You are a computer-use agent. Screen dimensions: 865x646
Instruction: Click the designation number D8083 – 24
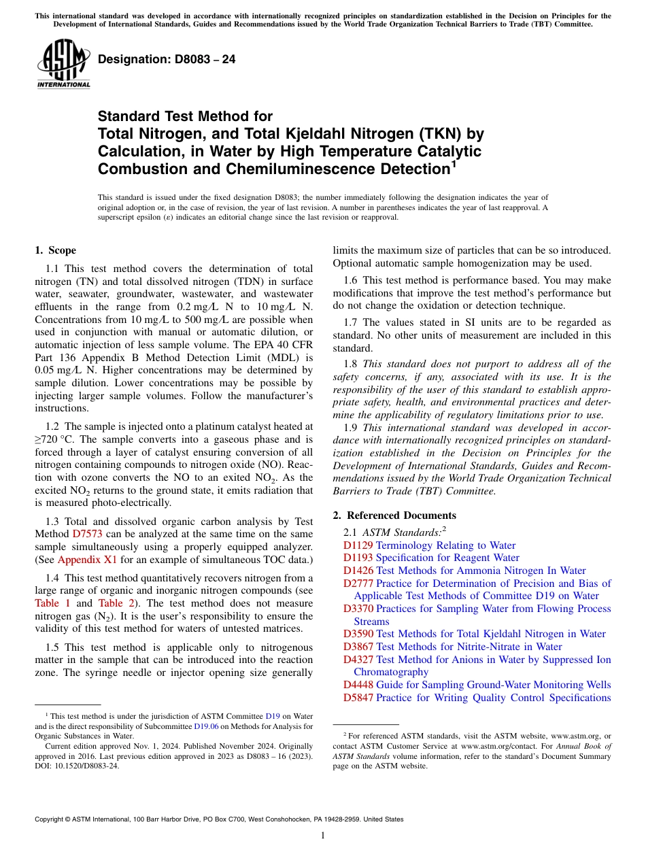pos(167,60)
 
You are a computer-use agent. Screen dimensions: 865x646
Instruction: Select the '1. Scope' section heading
pos(56,250)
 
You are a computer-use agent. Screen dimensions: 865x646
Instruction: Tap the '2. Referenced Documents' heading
pos(394,515)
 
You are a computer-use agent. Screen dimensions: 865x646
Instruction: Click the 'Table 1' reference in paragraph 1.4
pos(52,603)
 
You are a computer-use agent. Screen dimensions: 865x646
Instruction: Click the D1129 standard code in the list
pos(358,545)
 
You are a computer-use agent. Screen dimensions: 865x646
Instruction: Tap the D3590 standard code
pos(358,634)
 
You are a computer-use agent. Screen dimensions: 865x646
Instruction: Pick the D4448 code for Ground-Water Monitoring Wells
pos(358,685)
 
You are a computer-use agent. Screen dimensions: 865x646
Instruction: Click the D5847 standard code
pos(358,697)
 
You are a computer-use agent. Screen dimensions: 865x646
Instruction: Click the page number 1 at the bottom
pos(323,835)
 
